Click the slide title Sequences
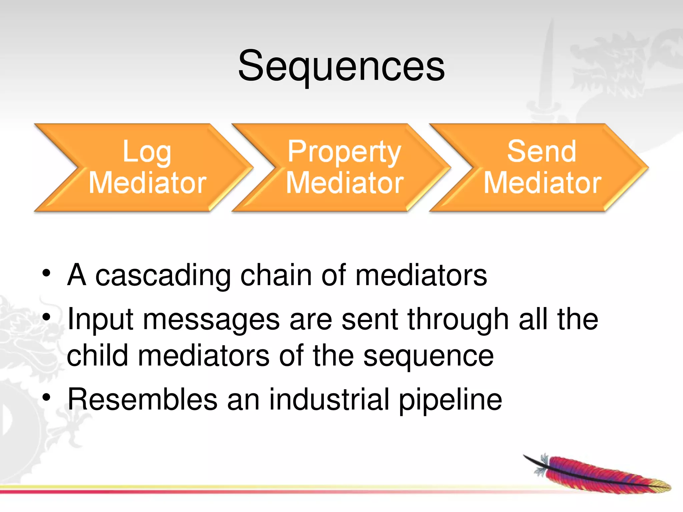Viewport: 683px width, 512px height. click(x=341, y=66)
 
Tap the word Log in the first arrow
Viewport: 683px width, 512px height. click(x=147, y=152)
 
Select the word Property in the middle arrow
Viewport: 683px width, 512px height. click(x=344, y=152)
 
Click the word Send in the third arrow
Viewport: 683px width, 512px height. click(x=542, y=151)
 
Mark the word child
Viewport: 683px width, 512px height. click(x=97, y=356)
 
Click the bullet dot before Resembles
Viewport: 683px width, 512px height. click(x=46, y=397)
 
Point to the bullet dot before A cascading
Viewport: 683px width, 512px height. click(x=46, y=273)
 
